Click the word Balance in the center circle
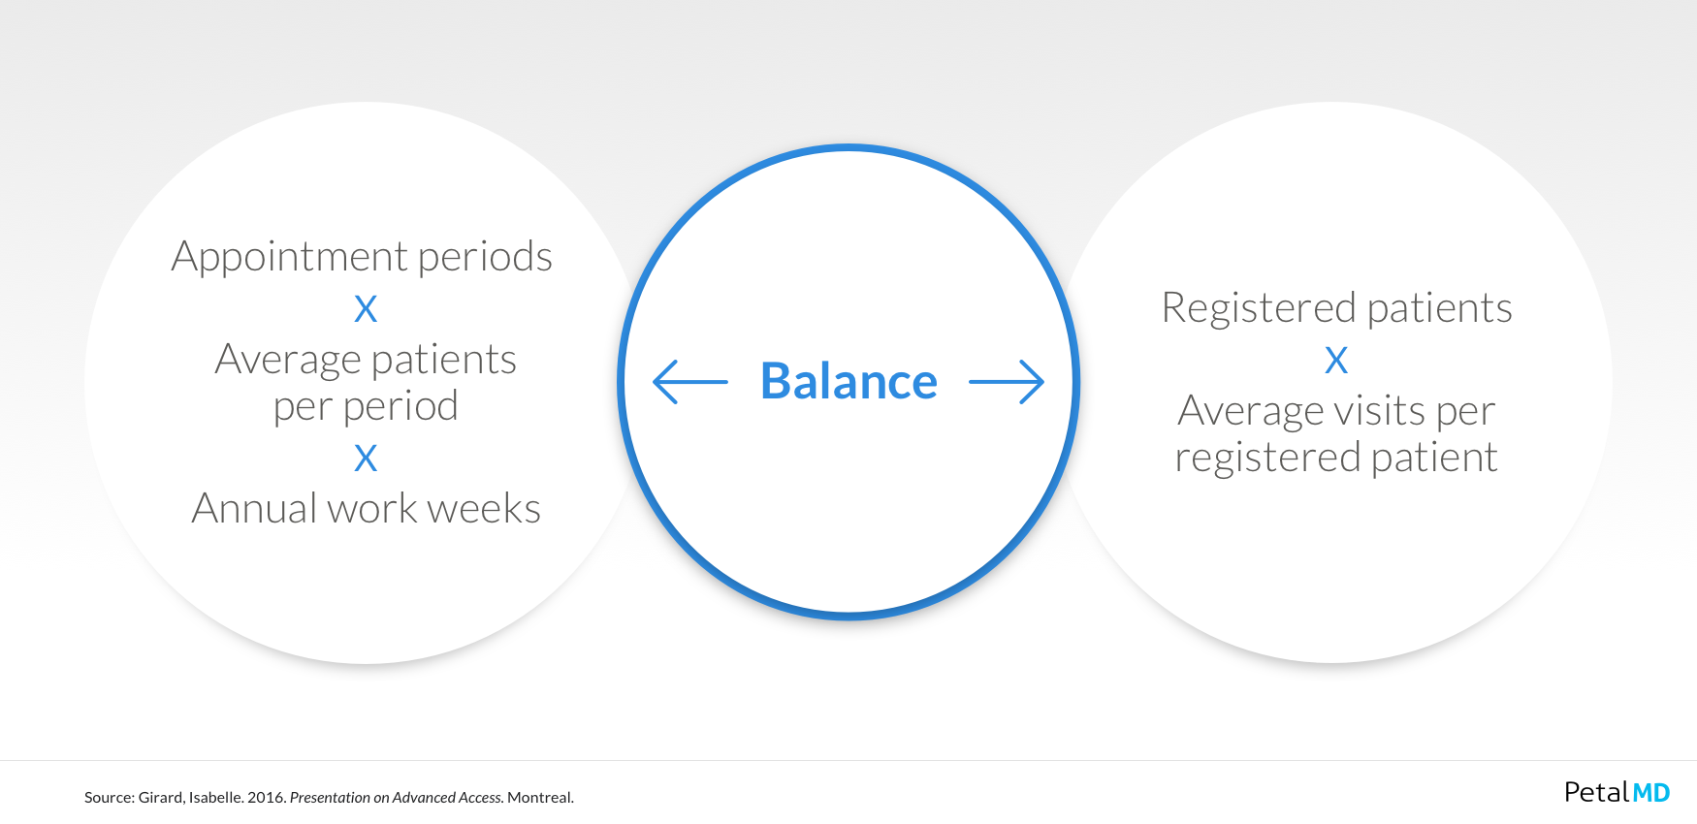pyautogui.click(x=848, y=381)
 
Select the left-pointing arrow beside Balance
pyautogui.click(x=690, y=382)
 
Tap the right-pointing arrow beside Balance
pyautogui.click(x=1007, y=382)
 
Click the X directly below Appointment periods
pyautogui.click(x=366, y=309)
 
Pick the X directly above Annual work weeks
pyautogui.click(x=366, y=458)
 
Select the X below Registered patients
pyautogui.click(x=1336, y=361)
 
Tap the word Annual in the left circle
pyautogui.click(x=254, y=509)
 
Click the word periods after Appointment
pyautogui.click(x=485, y=257)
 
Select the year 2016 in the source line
pyautogui.click(x=267, y=798)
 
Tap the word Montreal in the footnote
pyautogui.click(x=540, y=798)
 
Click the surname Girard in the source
pyautogui.click(x=161, y=798)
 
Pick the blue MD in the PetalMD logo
pyautogui.click(x=1651, y=793)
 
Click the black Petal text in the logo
pyautogui.click(x=1597, y=792)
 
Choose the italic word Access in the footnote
pyautogui.click(x=481, y=798)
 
